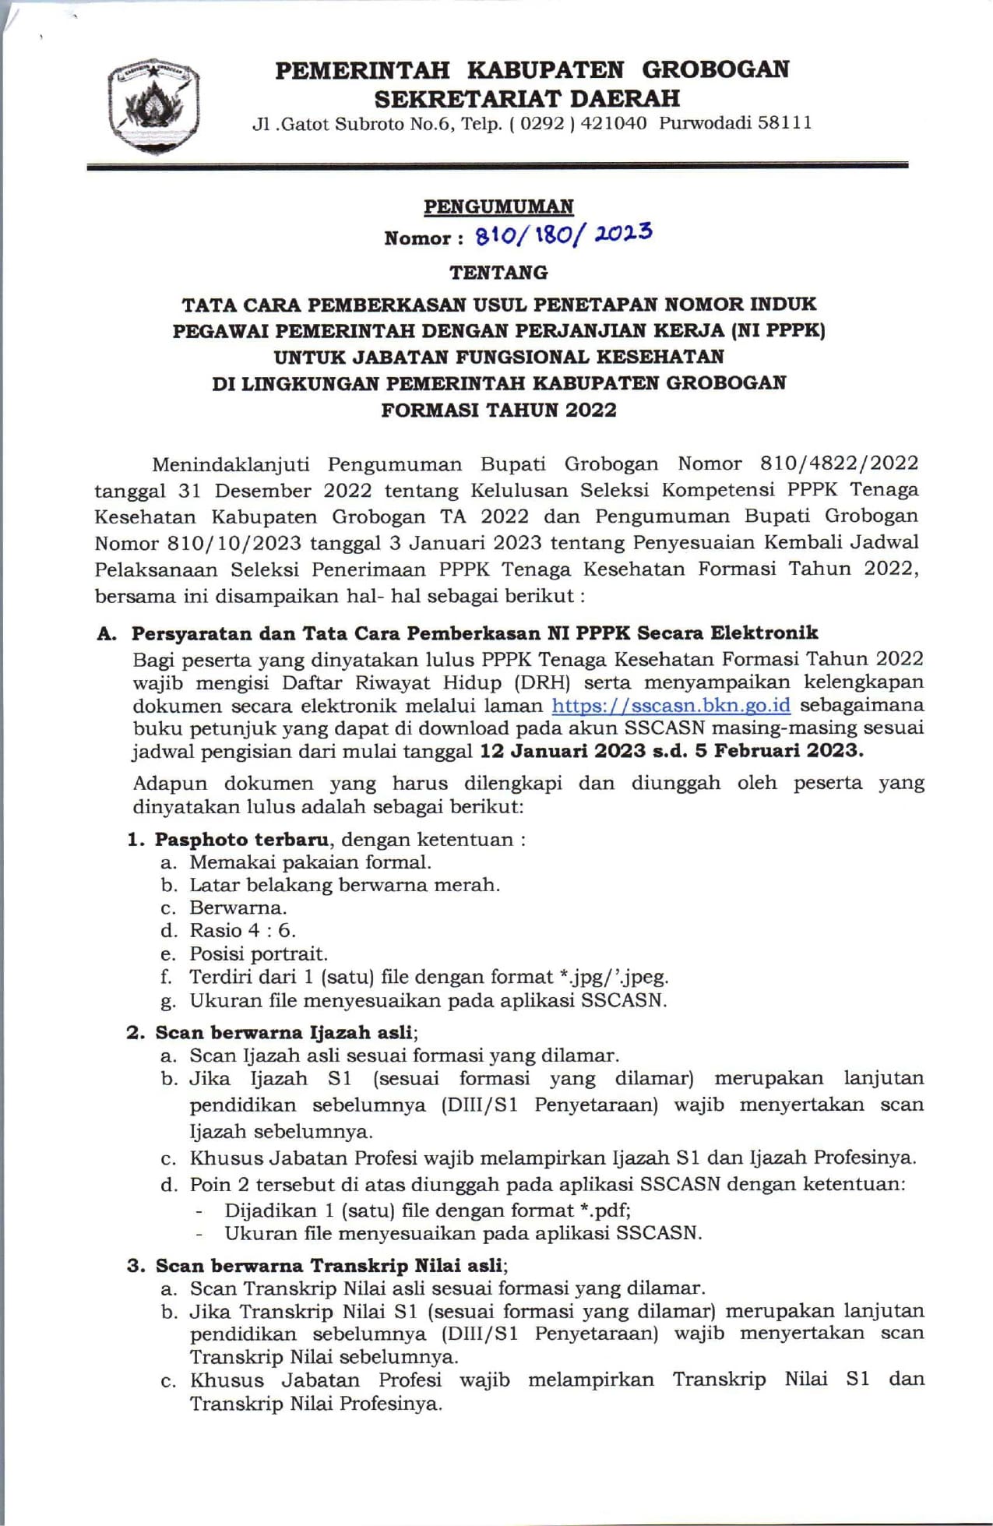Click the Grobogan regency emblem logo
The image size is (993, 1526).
(154, 104)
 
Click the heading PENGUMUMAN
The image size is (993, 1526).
(498, 206)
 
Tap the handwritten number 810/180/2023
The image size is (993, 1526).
(564, 234)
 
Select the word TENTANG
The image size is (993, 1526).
(498, 273)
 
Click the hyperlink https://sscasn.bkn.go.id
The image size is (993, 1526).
(671, 706)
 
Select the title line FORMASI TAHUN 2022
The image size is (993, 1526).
(498, 410)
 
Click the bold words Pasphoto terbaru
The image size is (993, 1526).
(241, 839)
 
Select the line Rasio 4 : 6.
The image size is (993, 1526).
(242, 930)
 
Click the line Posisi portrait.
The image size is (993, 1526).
(259, 953)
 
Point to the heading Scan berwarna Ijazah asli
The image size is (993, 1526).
(284, 1032)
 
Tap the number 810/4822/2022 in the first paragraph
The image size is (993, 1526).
(839, 463)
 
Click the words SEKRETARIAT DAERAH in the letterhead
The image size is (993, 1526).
(527, 99)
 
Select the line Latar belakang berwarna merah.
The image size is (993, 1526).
(344, 885)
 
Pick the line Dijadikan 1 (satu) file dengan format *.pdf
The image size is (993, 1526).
(427, 1210)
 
